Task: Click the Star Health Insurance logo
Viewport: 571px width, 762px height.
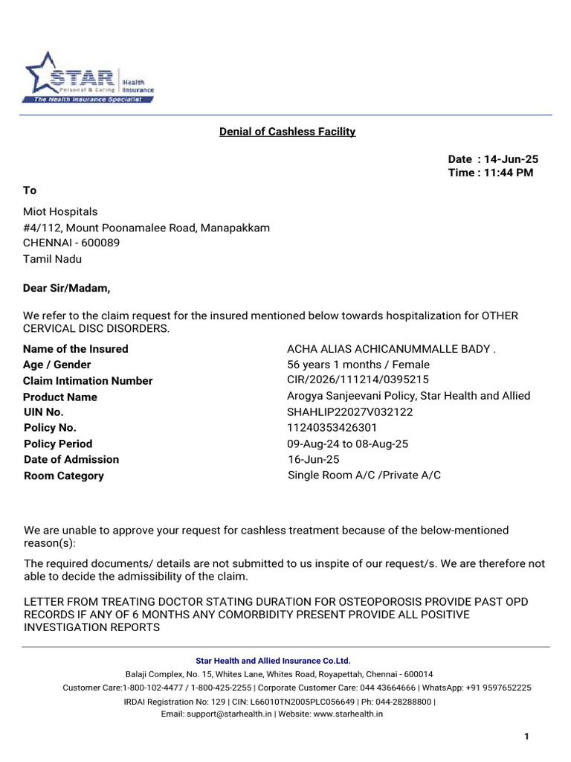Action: [x=89, y=77]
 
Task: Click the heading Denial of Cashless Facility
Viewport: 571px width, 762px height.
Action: [x=287, y=132]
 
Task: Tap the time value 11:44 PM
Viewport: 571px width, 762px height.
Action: [x=509, y=173]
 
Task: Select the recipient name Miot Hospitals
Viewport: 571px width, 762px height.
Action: [x=60, y=212]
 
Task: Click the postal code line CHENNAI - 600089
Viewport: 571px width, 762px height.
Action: [x=71, y=243]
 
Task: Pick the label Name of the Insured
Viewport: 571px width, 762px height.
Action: [x=76, y=349]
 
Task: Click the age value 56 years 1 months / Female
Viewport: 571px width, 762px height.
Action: [x=358, y=365]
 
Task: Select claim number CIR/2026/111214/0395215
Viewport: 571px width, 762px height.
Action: [x=358, y=380]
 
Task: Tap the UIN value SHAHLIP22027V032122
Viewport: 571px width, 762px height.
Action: [x=349, y=412]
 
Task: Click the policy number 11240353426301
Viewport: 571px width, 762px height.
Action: [x=332, y=428]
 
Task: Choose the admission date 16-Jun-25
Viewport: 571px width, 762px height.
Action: [x=314, y=460]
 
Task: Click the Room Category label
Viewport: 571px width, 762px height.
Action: [x=64, y=476]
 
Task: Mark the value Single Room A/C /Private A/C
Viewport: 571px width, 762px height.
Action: [x=364, y=475]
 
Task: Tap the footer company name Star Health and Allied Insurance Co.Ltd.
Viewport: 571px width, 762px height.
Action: [x=272, y=661]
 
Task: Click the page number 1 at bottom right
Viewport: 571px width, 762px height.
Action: [x=526, y=737]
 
